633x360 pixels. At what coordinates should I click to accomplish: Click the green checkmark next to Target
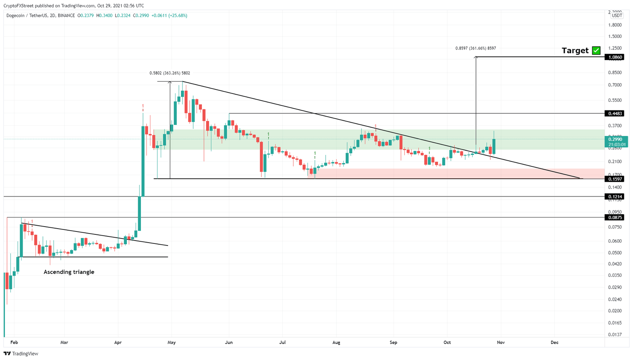pyautogui.click(x=596, y=51)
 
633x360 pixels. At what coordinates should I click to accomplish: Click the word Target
pyautogui.click(x=575, y=51)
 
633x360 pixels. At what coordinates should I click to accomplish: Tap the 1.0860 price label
pyautogui.click(x=614, y=57)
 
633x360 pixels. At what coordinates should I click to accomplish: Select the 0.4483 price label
pyautogui.click(x=614, y=113)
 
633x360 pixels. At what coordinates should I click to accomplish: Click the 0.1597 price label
pyautogui.click(x=614, y=179)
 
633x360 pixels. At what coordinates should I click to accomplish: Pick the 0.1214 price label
pyautogui.click(x=614, y=197)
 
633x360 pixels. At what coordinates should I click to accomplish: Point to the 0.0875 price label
pyautogui.click(x=614, y=217)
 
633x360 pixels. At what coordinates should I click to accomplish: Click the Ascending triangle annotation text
pyautogui.click(x=69, y=272)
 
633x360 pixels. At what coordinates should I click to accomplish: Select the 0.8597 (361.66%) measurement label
pyautogui.click(x=476, y=48)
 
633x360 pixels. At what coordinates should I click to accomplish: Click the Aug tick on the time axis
pyautogui.click(x=336, y=342)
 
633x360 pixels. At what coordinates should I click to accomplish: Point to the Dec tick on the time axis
pyautogui.click(x=554, y=342)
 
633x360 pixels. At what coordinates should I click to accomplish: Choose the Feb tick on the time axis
pyautogui.click(x=14, y=342)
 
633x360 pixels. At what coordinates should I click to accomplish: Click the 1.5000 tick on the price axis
pyautogui.click(x=615, y=36)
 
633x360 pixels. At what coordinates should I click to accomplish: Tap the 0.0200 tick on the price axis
pyautogui.click(x=615, y=311)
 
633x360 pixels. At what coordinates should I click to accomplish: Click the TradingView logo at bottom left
pyautogui.click(x=21, y=353)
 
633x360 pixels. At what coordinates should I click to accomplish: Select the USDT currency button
pyautogui.click(x=617, y=16)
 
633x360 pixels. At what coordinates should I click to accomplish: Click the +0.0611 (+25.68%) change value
pyautogui.click(x=169, y=16)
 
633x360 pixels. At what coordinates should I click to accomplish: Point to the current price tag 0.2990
pyautogui.click(x=615, y=140)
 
